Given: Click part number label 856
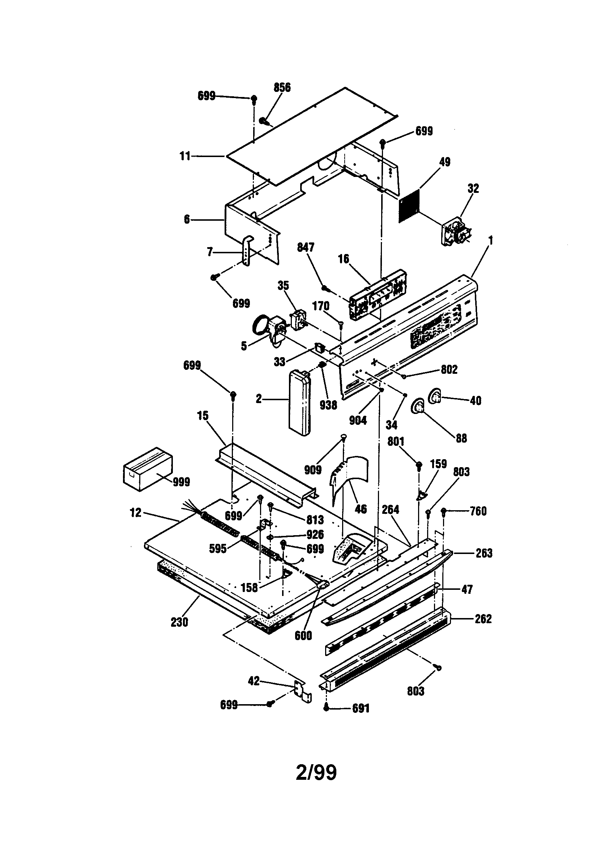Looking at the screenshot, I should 282,87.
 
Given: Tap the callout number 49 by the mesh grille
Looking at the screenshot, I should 445,162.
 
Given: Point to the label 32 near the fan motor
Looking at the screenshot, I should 473,188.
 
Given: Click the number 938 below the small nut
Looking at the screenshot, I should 328,405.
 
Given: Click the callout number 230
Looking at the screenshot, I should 179,622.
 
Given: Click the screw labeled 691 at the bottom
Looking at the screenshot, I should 326,707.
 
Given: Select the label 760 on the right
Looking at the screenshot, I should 478,511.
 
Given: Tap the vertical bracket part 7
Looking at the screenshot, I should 249,250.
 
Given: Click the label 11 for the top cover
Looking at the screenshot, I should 185,156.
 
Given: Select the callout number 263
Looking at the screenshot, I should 484,553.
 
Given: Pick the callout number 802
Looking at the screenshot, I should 449,369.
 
